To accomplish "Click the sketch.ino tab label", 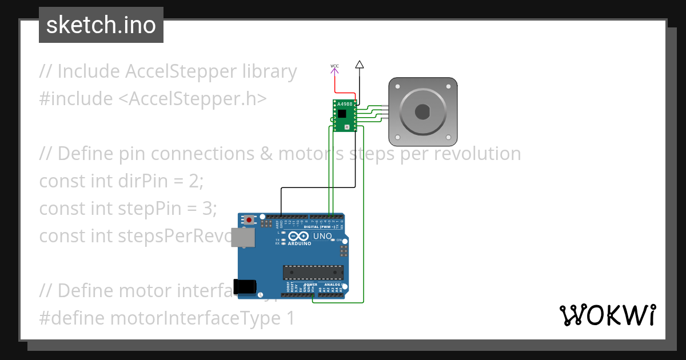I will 101,25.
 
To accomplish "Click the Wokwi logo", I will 607,315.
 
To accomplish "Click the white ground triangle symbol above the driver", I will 359,65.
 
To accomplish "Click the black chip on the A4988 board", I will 342,114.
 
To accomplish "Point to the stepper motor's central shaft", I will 422,111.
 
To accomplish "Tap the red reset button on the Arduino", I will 249,219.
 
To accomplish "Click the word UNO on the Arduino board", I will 322,236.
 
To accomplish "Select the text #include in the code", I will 76,99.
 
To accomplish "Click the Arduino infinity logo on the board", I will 300,236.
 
